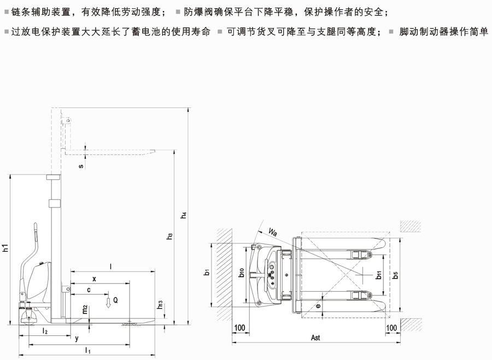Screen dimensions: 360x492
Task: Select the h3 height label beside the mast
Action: (x=171, y=236)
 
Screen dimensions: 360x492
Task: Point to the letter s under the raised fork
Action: (x=81, y=166)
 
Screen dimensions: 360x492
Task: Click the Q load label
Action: (x=115, y=300)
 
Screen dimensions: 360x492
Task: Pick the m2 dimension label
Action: (x=85, y=310)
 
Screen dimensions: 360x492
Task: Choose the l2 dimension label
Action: (x=45, y=332)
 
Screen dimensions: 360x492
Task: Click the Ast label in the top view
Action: (x=315, y=338)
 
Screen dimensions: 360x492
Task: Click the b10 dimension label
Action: (x=242, y=272)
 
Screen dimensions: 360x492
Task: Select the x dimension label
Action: (x=94, y=278)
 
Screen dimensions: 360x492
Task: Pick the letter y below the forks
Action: (x=76, y=338)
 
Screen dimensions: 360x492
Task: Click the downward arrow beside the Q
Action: (x=108, y=301)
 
